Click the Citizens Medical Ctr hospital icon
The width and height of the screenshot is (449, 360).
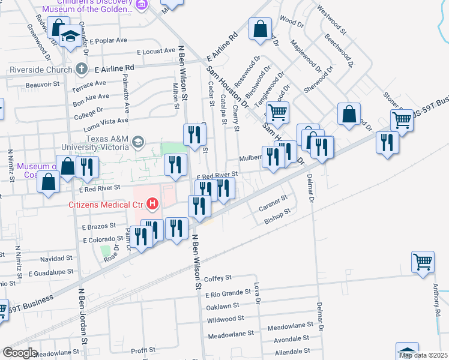coord(152,205)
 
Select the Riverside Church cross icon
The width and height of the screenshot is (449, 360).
coord(81,69)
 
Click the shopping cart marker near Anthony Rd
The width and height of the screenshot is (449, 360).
coord(423,262)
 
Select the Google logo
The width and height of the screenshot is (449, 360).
coord(20,352)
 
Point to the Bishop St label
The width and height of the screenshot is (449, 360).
coord(277,216)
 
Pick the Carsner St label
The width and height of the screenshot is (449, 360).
coord(273,204)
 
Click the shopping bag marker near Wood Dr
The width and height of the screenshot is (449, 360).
coord(261,28)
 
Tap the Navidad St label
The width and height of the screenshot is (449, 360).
coord(56,259)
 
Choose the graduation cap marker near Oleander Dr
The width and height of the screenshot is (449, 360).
coord(71,37)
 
